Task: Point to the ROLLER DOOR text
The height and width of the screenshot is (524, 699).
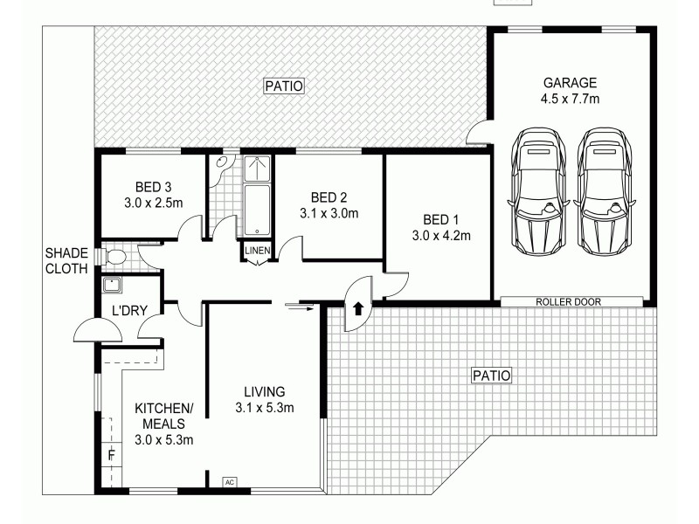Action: click(569, 301)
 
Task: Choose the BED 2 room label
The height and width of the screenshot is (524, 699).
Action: click(329, 196)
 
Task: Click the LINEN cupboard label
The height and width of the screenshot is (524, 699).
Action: click(258, 252)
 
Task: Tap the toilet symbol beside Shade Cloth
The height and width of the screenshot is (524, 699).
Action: click(115, 256)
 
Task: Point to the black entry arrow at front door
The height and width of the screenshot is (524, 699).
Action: click(358, 308)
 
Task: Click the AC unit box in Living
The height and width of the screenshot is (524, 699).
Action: click(230, 481)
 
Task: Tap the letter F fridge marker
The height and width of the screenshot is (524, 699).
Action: click(111, 455)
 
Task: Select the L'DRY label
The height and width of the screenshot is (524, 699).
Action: click(129, 310)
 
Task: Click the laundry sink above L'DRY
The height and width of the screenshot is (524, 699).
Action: click(112, 285)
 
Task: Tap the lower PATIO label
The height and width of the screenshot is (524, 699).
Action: click(491, 376)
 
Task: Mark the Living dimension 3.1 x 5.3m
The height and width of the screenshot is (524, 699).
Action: click(264, 408)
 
